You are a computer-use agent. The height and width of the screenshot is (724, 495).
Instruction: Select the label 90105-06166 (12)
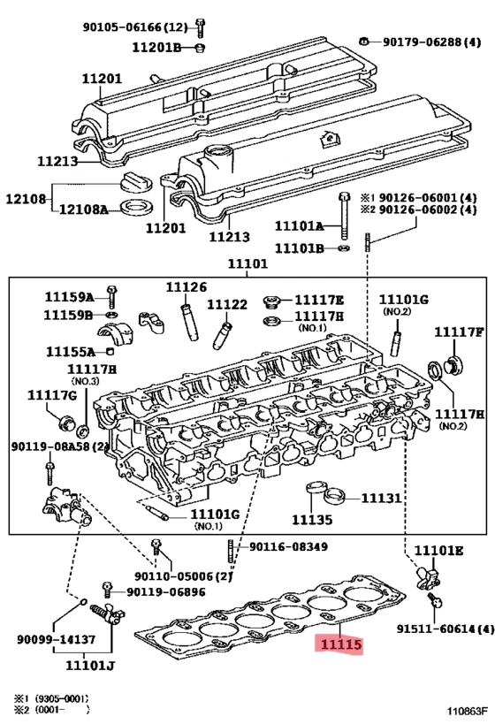(x=136, y=27)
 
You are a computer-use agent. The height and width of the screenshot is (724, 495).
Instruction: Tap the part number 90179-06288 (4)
(x=431, y=42)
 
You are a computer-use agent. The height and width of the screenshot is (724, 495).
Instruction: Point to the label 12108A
(x=83, y=210)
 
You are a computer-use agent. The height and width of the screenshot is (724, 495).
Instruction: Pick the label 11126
(x=187, y=286)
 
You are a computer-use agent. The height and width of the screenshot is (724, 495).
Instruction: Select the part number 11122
(x=226, y=304)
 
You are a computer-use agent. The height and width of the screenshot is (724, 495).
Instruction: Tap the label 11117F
(x=459, y=332)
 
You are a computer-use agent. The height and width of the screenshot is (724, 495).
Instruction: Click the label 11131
(x=381, y=499)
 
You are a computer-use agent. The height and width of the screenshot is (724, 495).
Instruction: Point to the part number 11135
(x=312, y=520)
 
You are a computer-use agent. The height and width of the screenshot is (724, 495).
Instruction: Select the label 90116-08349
(x=288, y=547)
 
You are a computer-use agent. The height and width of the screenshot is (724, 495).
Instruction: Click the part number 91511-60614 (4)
(x=445, y=629)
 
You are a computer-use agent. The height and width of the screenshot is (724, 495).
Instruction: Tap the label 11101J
(x=90, y=666)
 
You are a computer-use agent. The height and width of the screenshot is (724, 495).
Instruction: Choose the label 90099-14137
(x=57, y=639)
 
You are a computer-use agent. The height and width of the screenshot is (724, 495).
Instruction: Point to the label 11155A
(x=71, y=352)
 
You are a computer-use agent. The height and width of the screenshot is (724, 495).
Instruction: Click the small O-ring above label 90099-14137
(x=83, y=602)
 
